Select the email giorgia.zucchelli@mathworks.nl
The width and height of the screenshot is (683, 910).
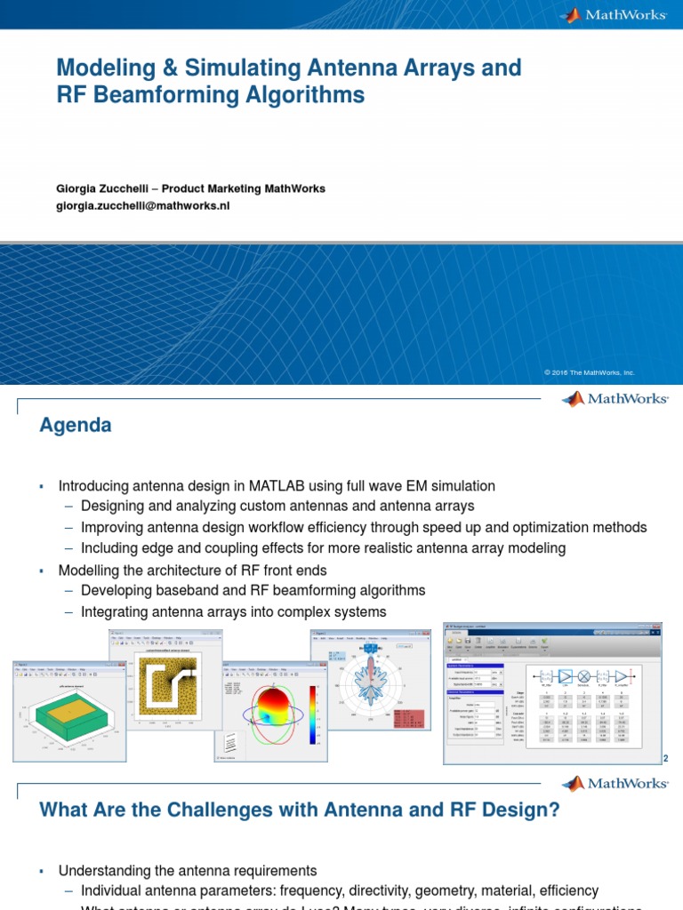[x=143, y=205]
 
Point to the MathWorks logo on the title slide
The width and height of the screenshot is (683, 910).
[x=614, y=15]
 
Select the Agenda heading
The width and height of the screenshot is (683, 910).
[x=76, y=426]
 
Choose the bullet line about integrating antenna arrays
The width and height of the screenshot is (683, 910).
[x=233, y=611]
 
